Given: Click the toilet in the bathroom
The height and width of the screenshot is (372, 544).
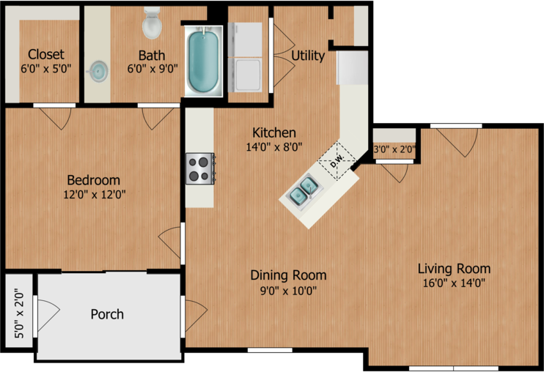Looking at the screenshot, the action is pyautogui.click(x=152, y=23).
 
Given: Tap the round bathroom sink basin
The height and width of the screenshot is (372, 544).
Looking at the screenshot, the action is pyautogui.click(x=98, y=71).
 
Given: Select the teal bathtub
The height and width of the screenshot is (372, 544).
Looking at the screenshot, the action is pyautogui.click(x=203, y=62).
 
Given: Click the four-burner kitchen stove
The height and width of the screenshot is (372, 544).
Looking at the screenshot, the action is pyautogui.click(x=200, y=168).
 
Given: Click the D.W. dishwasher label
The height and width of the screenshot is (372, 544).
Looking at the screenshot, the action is pyautogui.click(x=337, y=161).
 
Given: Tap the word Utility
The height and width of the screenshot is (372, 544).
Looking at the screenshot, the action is pyautogui.click(x=308, y=56).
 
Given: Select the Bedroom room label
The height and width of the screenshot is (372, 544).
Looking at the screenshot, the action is pyautogui.click(x=94, y=180).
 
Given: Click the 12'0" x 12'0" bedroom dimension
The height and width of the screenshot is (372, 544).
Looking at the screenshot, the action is pyautogui.click(x=95, y=195).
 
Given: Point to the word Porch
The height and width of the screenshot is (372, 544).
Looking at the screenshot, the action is pyautogui.click(x=107, y=314).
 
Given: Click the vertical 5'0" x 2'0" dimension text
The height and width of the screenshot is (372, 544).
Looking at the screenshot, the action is pyautogui.click(x=19, y=314).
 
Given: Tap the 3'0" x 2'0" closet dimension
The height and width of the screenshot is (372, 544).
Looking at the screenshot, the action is pyautogui.click(x=395, y=149).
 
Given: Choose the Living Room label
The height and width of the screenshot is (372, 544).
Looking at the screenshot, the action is pyautogui.click(x=454, y=269).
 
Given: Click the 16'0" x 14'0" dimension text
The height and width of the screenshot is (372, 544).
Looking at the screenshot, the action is pyautogui.click(x=454, y=283).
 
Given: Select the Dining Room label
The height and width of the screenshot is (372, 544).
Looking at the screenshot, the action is pyautogui.click(x=288, y=275).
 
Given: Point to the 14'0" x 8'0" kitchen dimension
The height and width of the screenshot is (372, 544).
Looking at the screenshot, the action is pyautogui.click(x=274, y=147).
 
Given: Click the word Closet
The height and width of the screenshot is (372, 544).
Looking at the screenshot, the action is pyautogui.click(x=45, y=54).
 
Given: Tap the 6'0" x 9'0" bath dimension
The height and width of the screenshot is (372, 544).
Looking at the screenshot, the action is pyautogui.click(x=152, y=69).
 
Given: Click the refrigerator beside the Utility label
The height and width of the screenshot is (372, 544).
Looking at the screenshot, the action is pyautogui.click(x=352, y=67).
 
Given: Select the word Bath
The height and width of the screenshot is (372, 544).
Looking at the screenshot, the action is pyautogui.click(x=152, y=56).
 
